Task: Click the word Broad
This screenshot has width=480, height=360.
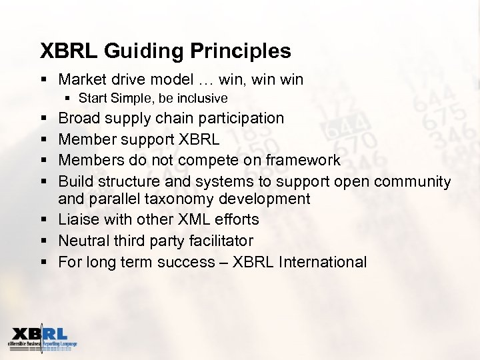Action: [79, 118]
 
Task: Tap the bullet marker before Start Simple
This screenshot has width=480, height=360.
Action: [68, 99]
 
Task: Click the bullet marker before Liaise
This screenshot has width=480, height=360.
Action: [43, 219]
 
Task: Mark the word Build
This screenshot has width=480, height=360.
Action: [76, 181]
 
